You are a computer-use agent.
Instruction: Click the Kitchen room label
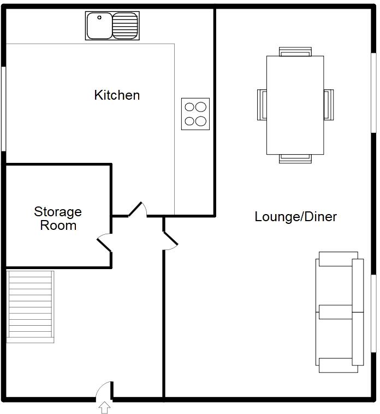click(x=117, y=95)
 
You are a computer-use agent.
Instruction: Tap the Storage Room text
click(x=58, y=218)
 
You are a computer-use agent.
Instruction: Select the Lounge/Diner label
click(x=295, y=217)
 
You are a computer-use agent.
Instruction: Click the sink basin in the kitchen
click(x=99, y=26)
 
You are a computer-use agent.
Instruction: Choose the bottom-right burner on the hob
click(x=201, y=121)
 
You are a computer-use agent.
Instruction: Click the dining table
click(x=295, y=105)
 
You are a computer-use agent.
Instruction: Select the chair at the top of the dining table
click(x=295, y=52)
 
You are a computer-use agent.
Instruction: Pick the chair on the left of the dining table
click(x=262, y=105)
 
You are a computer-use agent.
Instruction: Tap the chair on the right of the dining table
click(x=328, y=105)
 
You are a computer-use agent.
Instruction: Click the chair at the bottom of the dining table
click(x=295, y=159)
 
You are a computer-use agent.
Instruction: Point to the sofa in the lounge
click(x=339, y=312)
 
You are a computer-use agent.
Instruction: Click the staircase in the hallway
click(x=31, y=307)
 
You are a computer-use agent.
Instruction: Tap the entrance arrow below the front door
click(x=104, y=406)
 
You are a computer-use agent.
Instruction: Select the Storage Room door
click(x=105, y=242)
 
